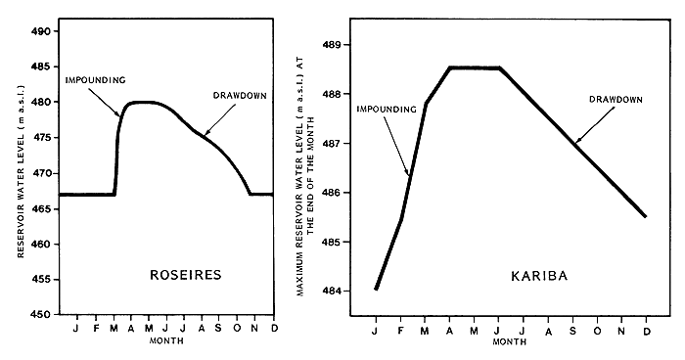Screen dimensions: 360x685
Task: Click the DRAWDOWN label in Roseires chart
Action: pyautogui.click(x=241, y=95)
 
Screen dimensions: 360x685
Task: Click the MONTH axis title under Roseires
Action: pyautogui.click(x=162, y=341)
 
